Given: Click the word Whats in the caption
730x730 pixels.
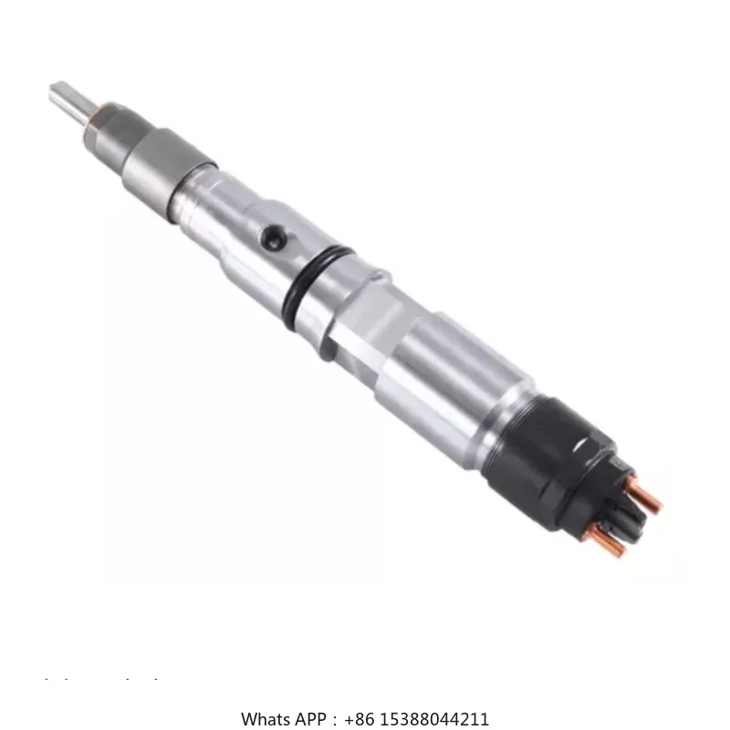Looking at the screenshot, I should pos(264,719).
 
